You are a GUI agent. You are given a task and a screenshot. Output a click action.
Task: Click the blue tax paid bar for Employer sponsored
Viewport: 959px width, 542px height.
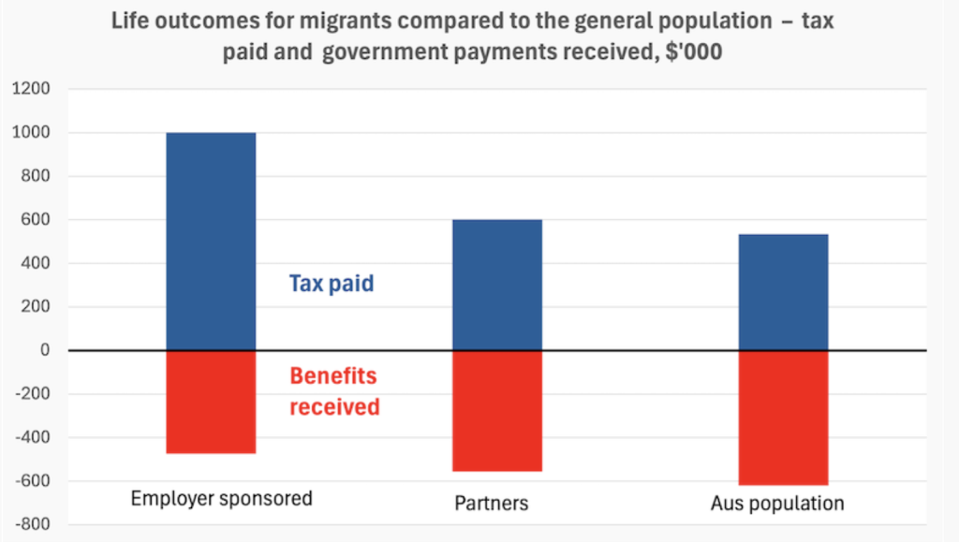211,241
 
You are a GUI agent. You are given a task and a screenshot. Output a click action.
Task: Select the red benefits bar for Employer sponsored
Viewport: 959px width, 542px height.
211,402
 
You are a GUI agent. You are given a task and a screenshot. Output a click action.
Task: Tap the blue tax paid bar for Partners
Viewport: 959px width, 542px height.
496,285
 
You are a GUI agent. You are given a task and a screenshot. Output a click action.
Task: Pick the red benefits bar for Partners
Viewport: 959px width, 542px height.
496,410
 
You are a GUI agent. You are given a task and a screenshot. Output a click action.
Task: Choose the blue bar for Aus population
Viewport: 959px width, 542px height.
783,292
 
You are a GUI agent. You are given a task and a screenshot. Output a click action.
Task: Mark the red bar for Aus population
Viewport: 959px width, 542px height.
783,417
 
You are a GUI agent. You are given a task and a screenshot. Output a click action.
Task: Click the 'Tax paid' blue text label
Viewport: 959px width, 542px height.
331,284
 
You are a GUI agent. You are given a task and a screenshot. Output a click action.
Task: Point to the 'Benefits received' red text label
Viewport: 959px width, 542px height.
333,391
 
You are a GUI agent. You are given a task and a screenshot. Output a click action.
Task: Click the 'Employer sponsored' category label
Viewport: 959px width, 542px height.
221,498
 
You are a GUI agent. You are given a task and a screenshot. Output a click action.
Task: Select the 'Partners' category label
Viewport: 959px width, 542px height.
491,504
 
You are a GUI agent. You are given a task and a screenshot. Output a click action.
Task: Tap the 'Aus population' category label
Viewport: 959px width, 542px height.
777,504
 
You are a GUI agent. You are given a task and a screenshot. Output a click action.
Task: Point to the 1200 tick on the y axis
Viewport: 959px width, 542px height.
31,90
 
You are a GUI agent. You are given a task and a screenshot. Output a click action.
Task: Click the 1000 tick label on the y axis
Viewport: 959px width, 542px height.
31,133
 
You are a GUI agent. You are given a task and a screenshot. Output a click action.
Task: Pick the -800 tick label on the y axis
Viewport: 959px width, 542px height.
31,524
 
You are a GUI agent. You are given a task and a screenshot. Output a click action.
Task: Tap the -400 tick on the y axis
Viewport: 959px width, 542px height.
31,437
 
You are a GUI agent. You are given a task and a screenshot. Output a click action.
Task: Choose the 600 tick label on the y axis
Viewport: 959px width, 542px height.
35,220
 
